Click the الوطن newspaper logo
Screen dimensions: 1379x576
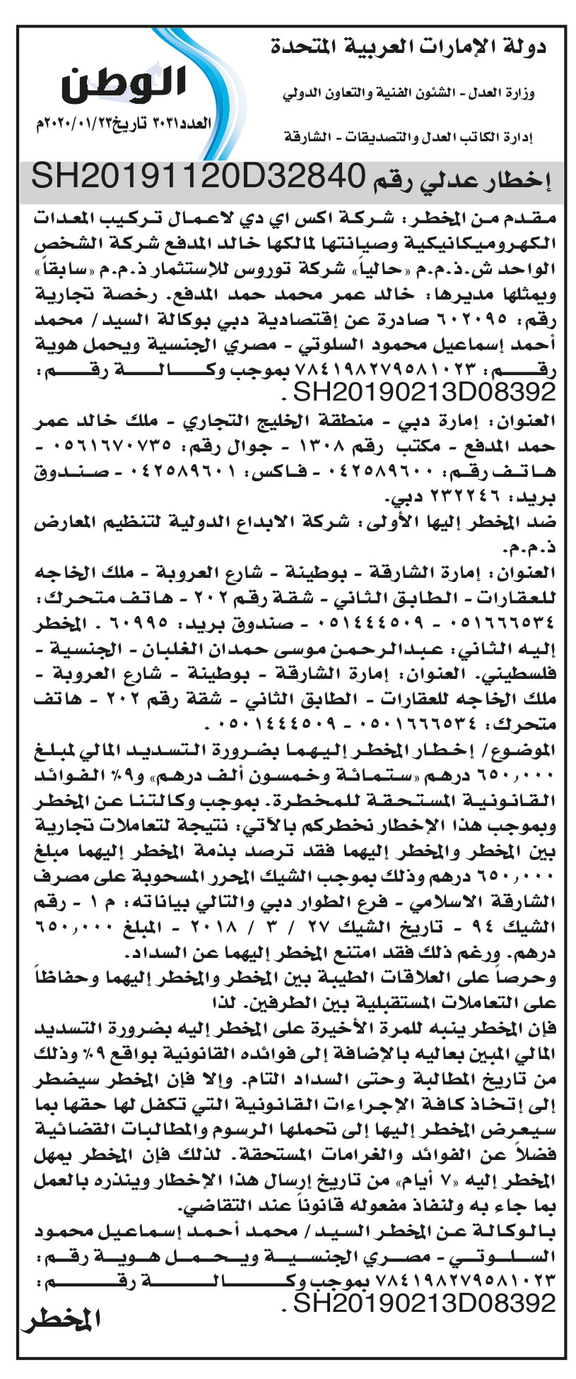tap(124, 85)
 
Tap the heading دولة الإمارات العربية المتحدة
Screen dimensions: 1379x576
tap(410, 49)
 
